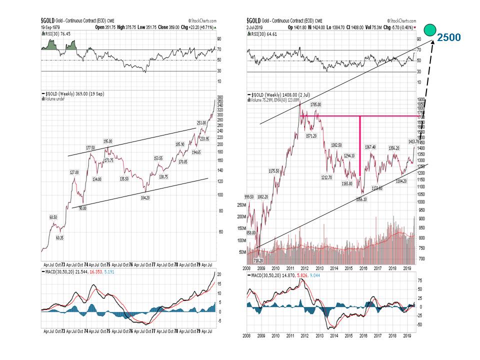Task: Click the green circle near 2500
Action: point(428,29)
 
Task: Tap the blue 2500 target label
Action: point(448,37)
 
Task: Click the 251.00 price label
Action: point(201,122)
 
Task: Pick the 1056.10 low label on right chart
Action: point(361,199)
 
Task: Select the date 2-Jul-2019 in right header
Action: point(254,25)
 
